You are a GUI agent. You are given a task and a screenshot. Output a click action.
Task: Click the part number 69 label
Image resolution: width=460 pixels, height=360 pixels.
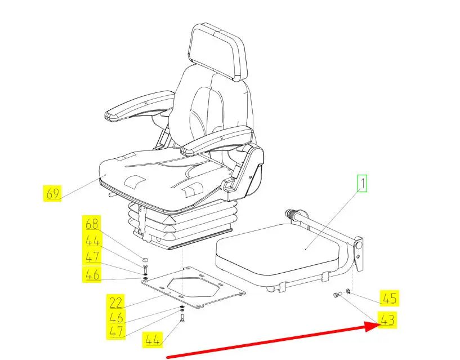coord(52,193)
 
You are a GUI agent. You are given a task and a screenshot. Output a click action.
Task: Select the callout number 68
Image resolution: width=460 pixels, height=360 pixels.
coord(92,224)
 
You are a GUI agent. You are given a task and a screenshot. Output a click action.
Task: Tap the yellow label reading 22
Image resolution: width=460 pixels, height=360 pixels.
coord(115,302)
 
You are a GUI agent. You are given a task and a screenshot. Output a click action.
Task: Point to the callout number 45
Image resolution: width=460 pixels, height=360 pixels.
coord(390,298)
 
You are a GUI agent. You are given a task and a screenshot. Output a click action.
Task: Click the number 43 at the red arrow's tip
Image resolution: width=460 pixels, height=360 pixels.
coord(387,319)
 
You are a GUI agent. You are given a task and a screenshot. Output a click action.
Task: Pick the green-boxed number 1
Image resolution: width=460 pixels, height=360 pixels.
coord(362,184)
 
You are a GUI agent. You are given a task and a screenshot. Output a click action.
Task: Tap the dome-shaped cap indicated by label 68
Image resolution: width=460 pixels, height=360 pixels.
coord(145,259)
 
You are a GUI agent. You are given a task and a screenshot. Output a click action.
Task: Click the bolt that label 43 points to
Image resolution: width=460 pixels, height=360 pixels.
coord(337,294)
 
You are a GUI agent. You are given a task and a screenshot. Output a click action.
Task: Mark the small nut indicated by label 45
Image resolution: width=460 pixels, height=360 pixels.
coord(347,292)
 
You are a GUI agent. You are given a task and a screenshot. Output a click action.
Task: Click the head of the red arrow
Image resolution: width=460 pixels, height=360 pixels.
coord(372,326)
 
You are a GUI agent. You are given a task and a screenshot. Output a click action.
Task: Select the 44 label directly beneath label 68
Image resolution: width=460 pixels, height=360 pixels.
coord(92,241)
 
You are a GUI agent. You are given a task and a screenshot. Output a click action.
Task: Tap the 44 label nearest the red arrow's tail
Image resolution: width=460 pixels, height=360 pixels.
coord(152,340)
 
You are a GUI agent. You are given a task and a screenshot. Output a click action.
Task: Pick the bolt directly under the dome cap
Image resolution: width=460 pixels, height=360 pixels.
coord(145,269)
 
